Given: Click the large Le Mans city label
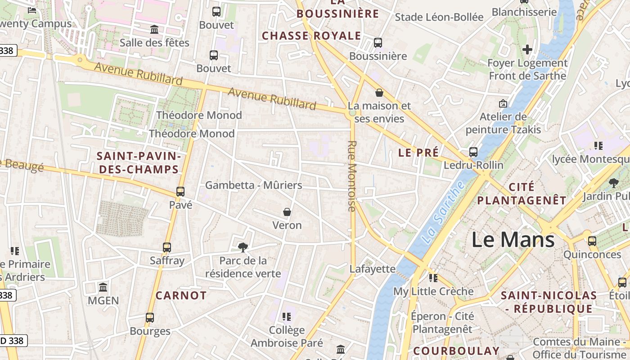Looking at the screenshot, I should coord(513,239).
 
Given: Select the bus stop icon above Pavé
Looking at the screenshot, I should coord(180,191).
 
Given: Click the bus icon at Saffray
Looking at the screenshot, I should coord(167,247).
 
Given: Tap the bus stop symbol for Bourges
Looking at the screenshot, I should coord(150,317).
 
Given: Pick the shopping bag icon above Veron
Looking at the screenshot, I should coord(287,211).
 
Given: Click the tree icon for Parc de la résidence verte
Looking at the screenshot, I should coord(243,247).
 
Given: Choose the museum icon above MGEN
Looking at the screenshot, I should coord(103,287).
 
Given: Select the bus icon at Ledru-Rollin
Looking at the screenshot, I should coord(473,152).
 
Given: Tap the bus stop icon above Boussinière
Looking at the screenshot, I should coord(378,43).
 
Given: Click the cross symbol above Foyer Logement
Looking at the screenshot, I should coord(527,49).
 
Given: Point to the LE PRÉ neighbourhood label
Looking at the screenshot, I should coord(418,153).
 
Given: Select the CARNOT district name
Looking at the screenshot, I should coord(181,296).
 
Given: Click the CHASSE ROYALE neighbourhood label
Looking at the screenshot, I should coord(311,36).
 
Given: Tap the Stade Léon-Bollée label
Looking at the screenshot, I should coord(439,17).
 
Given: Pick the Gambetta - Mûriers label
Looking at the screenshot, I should coord(254,185).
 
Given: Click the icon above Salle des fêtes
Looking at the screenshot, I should coord(154,29).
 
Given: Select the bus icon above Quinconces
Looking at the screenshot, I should coord(592,241).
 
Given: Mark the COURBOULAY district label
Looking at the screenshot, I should coord(456,351).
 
